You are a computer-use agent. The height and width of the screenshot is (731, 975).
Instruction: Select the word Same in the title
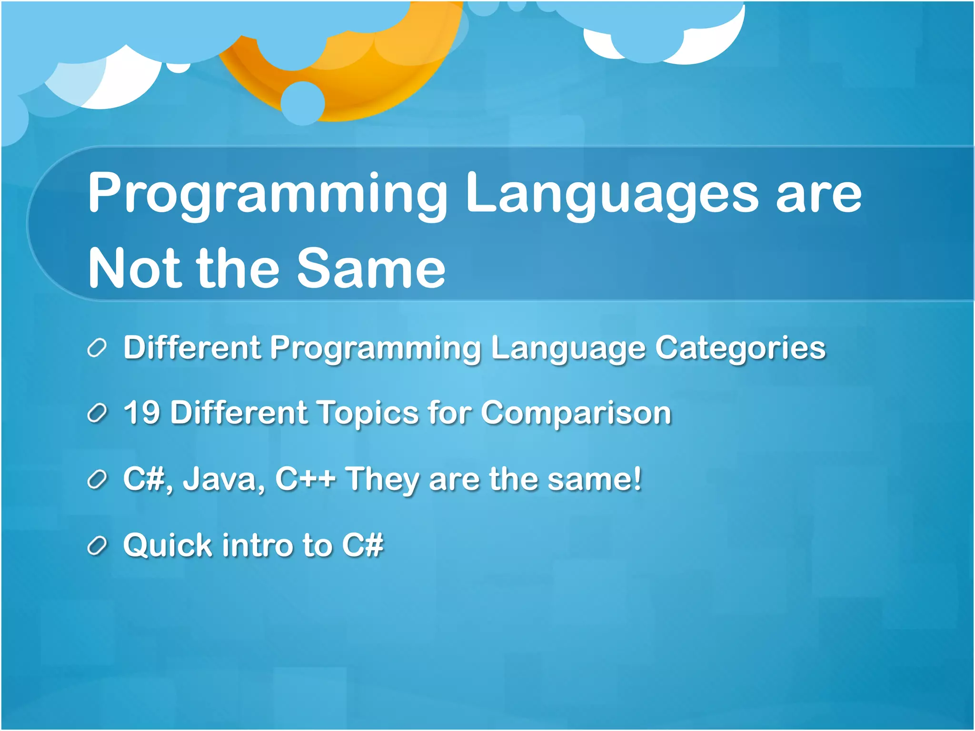coord(371,269)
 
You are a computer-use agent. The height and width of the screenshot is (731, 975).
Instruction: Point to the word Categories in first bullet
coord(740,348)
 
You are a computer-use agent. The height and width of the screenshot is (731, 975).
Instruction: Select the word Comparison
coord(576,413)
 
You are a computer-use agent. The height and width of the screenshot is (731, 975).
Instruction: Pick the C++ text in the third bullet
coord(305,479)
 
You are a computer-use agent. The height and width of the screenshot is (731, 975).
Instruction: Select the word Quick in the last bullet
coord(167,545)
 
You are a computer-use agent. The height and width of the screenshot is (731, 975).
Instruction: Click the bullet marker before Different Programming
coord(97,349)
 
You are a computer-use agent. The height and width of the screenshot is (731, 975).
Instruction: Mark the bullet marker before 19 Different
coord(97,414)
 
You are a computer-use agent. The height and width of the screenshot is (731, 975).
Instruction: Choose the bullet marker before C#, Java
coord(97,480)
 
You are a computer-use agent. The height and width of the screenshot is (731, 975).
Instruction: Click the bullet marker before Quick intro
coord(97,546)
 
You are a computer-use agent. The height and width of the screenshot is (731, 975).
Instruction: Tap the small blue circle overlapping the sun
coord(303,103)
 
